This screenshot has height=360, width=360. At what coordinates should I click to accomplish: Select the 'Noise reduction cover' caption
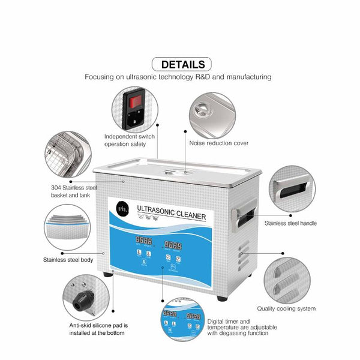pyautogui.click(x=218, y=143)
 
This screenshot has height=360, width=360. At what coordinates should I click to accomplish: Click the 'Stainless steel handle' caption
pyautogui.click(x=292, y=223)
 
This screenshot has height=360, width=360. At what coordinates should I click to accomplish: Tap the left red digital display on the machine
pyautogui.click(x=142, y=245)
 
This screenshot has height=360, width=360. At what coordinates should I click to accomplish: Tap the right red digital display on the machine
pyautogui.click(x=173, y=245)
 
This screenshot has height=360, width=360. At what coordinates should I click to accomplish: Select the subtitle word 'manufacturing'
pyautogui.click(x=245, y=77)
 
